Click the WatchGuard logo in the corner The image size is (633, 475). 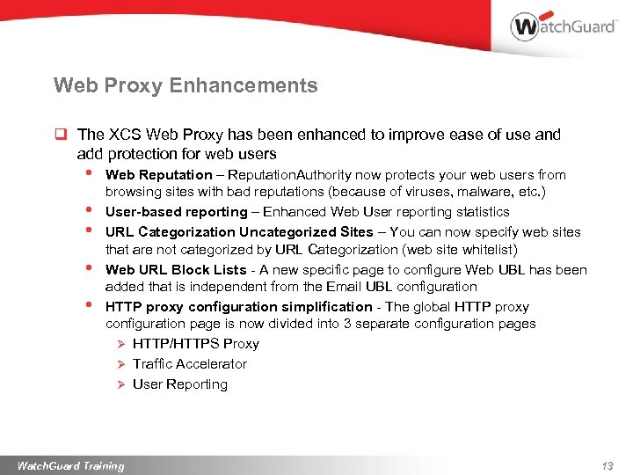tap(562, 26)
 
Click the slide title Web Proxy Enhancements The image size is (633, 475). tap(186, 85)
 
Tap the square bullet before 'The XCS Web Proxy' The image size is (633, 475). tap(62, 135)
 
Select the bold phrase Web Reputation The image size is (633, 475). tap(158, 175)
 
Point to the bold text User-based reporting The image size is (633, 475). tap(176, 212)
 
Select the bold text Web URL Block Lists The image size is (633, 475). tap(176, 270)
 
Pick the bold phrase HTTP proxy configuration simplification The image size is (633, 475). tap(238, 307)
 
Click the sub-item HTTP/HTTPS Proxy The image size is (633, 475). tap(195, 344)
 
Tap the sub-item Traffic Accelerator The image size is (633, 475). tap(189, 364)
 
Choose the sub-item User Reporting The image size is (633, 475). tap(179, 384)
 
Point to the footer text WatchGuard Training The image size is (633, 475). tap(71, 465)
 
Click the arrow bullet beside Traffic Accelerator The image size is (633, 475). tap(122, 364)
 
